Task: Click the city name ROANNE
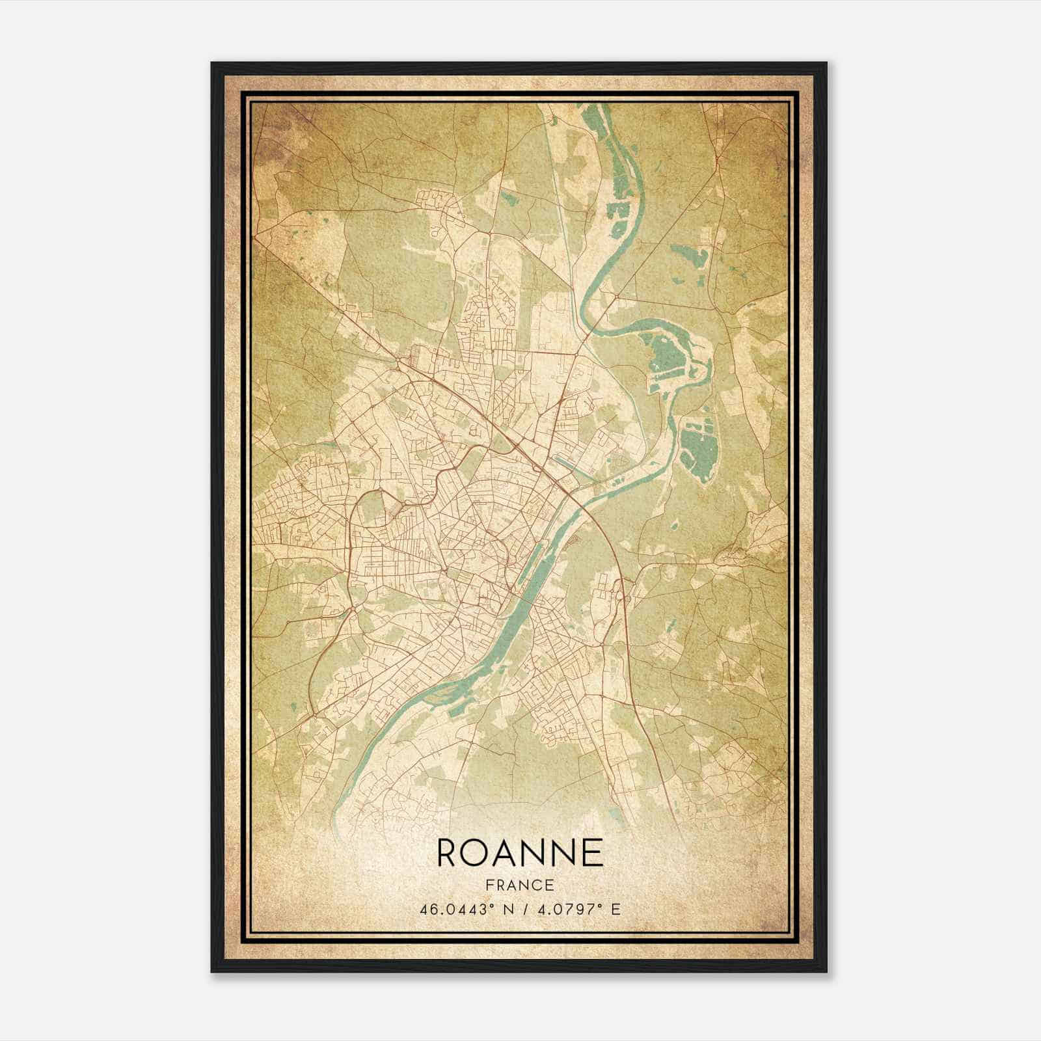520,852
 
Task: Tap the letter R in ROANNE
448,852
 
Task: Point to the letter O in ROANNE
477,852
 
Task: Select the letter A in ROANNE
506,852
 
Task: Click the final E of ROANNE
593,852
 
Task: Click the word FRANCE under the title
520,885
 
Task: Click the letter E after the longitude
615,909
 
